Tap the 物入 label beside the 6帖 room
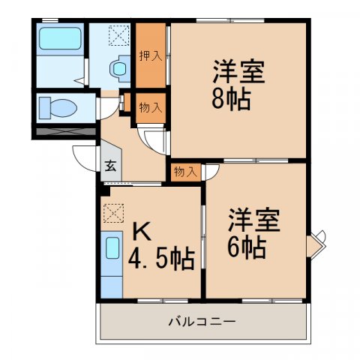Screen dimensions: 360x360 tap(184, 172)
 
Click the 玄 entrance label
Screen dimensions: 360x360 tap(109, 166)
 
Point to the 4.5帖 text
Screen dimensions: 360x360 tap(161, 260)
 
